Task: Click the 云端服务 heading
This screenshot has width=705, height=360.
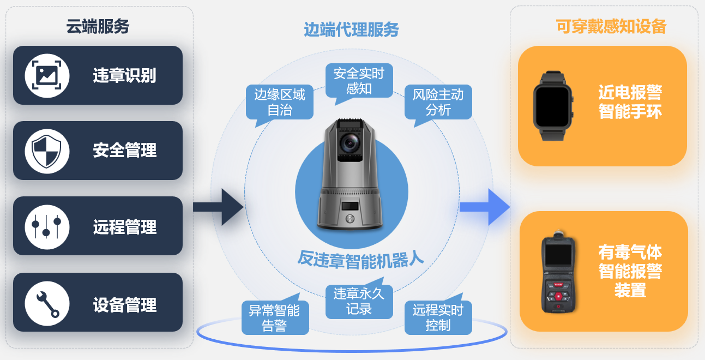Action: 98,26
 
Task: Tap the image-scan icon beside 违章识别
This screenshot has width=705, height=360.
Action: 47,76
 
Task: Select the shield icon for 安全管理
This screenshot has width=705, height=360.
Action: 47,151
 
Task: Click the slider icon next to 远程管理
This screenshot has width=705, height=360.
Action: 47,227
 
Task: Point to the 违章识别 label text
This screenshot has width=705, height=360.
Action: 125,76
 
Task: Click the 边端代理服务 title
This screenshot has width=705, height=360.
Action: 351,29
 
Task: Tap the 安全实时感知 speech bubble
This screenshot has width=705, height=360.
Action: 359,81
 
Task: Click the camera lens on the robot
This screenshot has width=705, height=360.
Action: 350,143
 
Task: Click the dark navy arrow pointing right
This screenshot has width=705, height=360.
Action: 218,207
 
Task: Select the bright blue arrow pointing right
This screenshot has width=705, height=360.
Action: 485,207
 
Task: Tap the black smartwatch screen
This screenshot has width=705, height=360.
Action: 552,106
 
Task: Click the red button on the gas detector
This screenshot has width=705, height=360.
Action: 558,297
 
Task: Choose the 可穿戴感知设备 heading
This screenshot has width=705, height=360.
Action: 611,26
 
